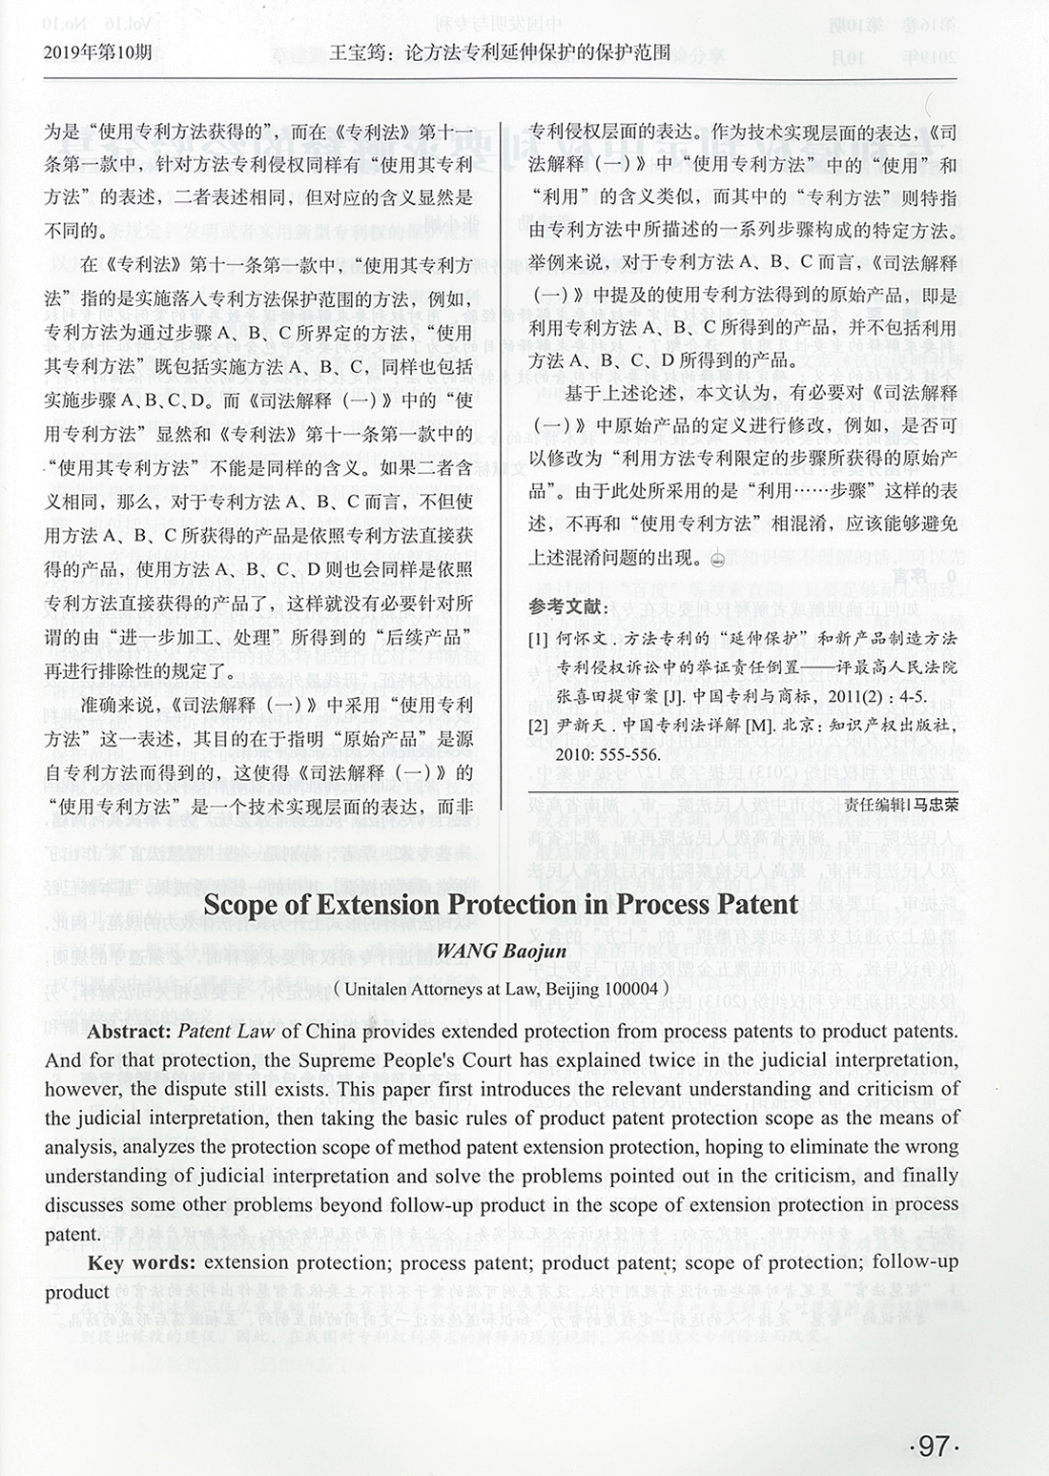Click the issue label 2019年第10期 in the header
coord(97,51)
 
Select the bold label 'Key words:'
coord(142,1263)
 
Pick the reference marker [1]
coord(539,638)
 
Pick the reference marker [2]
coord(539,725)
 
